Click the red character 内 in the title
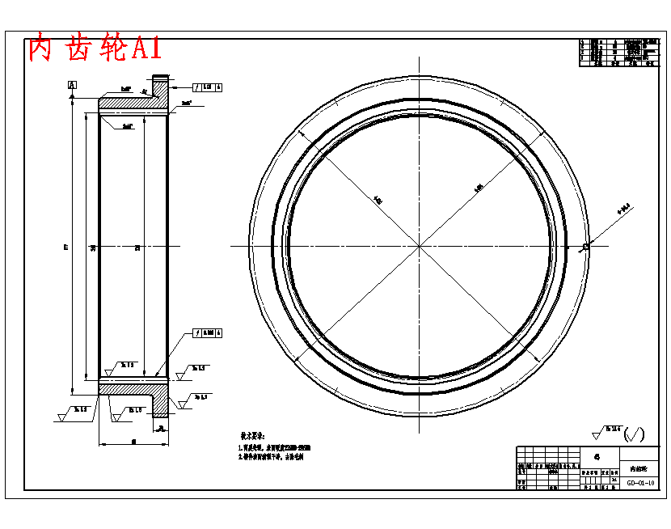pyautogui.click(x=40, y=49)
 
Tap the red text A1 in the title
pyautogui.click(x=146, y=49)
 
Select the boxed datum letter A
pyautogui.click(x=73, y=85)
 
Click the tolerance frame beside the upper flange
pyautogui.click(x=208, y=86)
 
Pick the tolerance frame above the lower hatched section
pyautogui.click(x=208, y=332)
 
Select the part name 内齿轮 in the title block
pyautogui.click(x=639, y=468)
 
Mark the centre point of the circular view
pyautogui.click(x=420, y=245)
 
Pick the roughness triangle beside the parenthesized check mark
pyautogui.click(x=599, y=434)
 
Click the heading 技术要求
pyautogui.click(x=252, y=435)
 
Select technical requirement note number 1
pyautogui.click(x=275, y=447)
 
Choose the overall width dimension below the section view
pyautogui.click(x=133, y=442)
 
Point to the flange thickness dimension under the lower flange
pyautogui.click(x=161, y=428)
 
